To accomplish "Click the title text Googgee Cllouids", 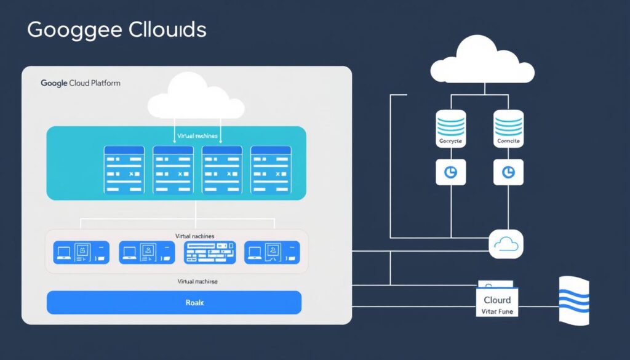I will (117, 30).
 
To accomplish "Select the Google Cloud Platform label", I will (81, 83).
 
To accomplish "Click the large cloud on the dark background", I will (482, 60).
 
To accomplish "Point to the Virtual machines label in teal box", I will (197, 135).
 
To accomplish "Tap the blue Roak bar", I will (174, 303).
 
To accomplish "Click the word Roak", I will (194, 303).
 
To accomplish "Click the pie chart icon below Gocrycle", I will (451, 172).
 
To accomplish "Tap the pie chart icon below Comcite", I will (508, 172).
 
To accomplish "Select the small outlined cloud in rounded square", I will (506, 245).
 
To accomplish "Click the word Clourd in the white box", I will (497, 300).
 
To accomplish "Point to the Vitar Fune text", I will (497, 311).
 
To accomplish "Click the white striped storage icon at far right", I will (573, 300).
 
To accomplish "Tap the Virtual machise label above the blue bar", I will (197, 281).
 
